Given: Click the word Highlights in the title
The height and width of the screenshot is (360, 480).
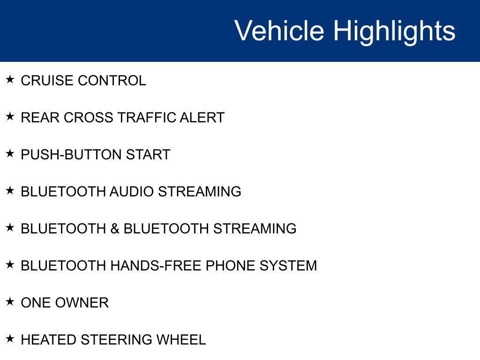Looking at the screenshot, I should pos(394,31).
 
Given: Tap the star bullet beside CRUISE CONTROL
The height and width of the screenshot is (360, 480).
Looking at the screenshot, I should pos(10,80).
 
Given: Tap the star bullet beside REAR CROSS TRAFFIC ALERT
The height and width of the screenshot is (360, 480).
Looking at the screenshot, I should pos(10,117).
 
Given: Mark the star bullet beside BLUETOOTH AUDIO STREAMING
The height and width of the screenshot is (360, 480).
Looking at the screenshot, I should pos(10,191).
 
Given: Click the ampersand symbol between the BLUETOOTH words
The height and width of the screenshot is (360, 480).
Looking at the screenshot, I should pos(115,229).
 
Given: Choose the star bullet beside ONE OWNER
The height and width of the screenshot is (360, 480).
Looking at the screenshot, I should pos(10,302).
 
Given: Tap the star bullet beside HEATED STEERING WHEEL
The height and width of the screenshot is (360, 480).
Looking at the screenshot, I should pos(10,339).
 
